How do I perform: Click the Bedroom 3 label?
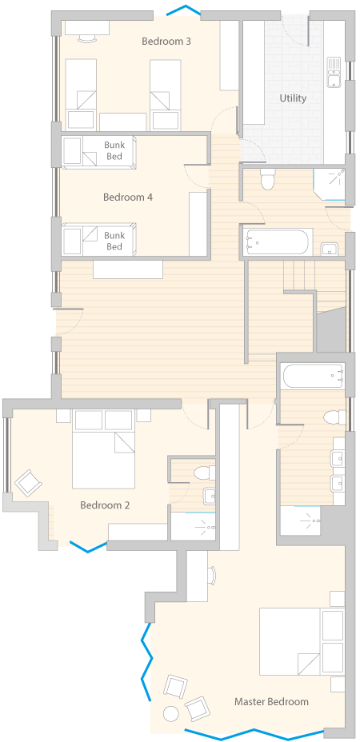point(166,41)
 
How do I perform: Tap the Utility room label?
point(293,98)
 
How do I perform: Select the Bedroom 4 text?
point(128,197)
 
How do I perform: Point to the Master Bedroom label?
point(271,701)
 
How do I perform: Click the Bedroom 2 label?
point(105,505)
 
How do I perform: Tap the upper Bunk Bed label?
point(114,150)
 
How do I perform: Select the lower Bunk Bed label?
point(114,241)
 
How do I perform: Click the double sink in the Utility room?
point(334,72)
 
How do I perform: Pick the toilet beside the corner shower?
point(268,178)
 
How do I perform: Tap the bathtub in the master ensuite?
point(314,377)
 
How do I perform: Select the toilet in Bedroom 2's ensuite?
point(204,472)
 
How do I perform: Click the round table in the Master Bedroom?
point(170,712)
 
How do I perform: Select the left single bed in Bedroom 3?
point(81,94)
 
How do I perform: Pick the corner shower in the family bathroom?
point(330,185)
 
